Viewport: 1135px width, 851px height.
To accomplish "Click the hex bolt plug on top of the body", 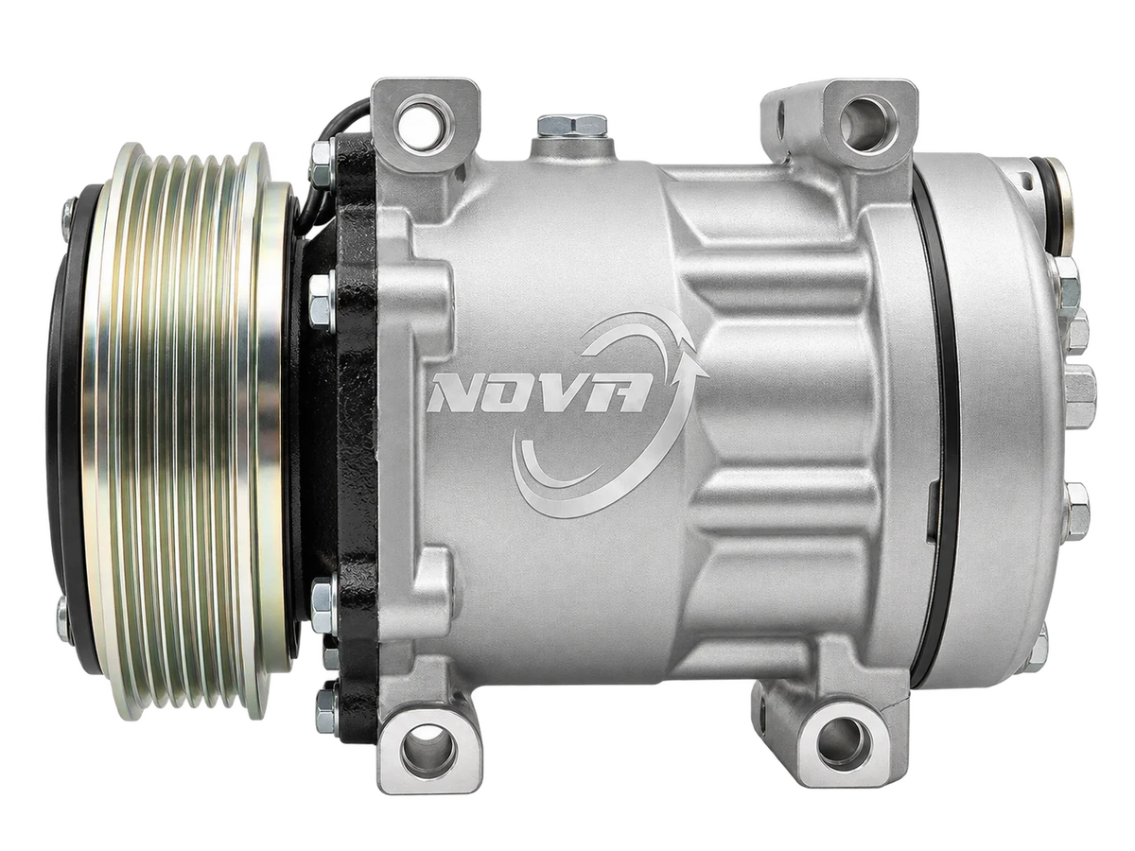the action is pyautogui.click(x=571, y=125).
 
